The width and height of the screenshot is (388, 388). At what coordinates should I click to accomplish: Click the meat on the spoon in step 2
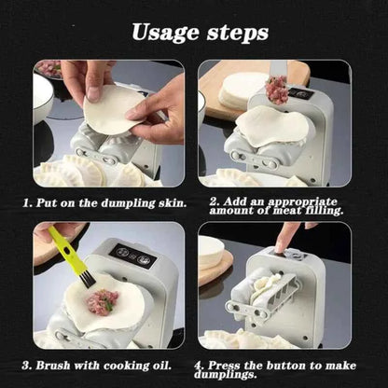pyautogui.click(x=276, y=90)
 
